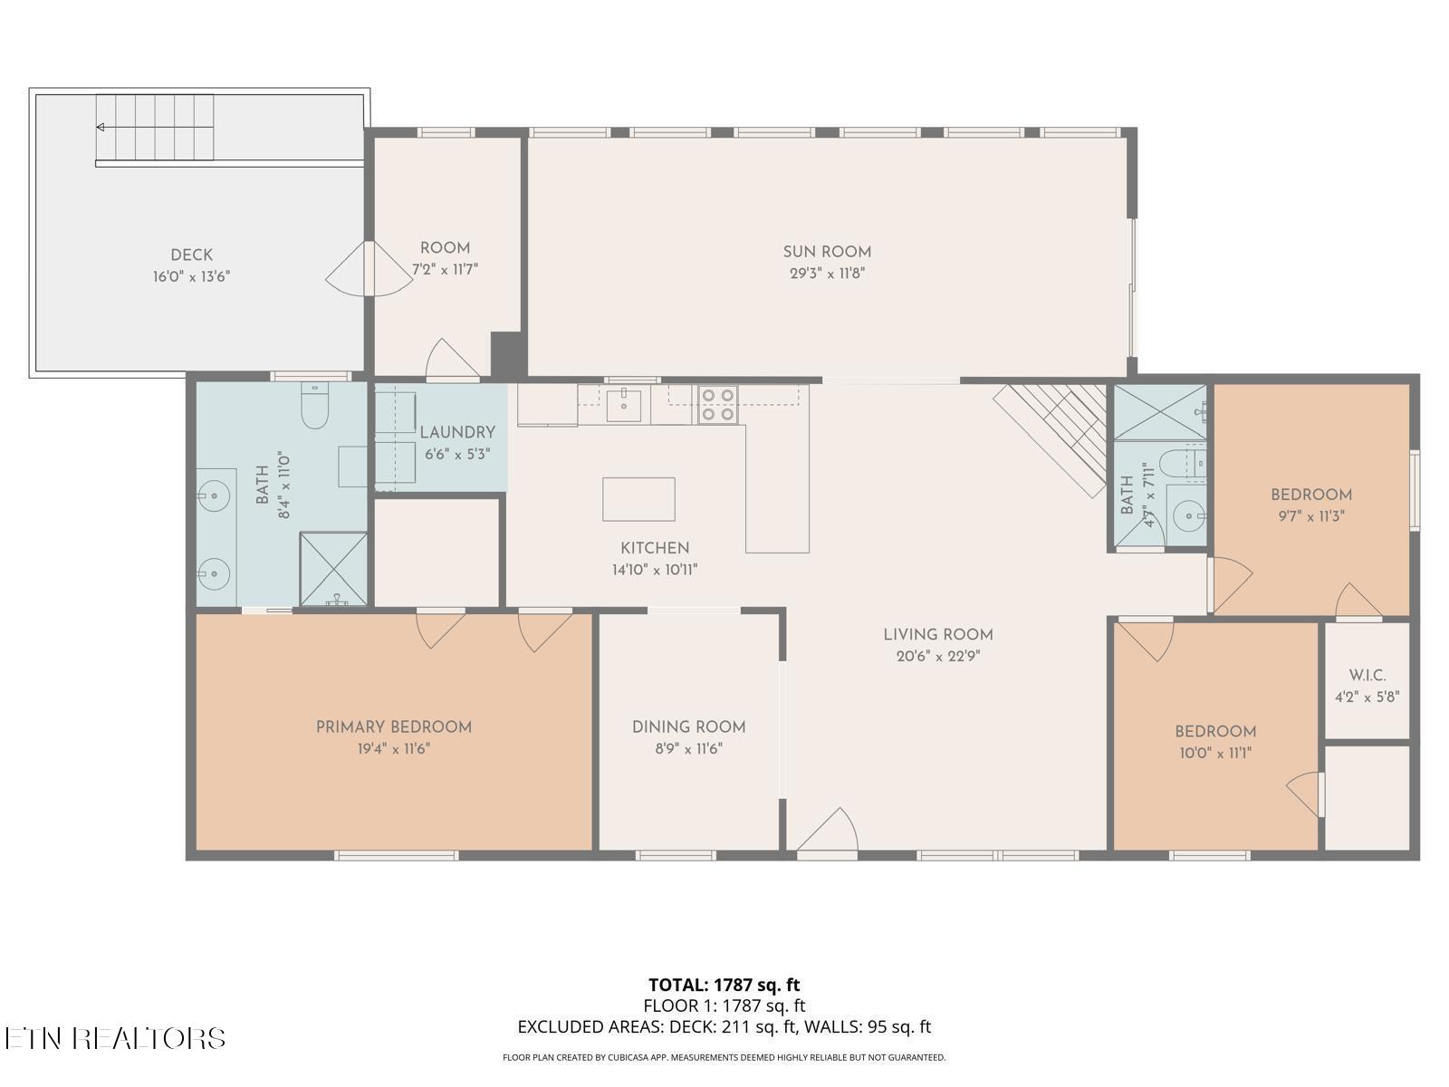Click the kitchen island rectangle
(x=638, y=499)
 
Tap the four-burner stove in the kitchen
(x=717, y=404)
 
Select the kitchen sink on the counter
(x=624, y=404)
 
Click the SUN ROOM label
(x=827, y=252)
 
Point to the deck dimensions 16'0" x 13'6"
(x=191, y=276)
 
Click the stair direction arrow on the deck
(x=101, y=127)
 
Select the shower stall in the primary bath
(x=333, y=569)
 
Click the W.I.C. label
(x=1367, y=676)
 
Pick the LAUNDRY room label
(x=457, y=432)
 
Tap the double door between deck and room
(x=369, y=268)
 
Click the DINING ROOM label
(x=688, y=726)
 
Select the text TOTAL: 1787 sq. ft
(x=724, y=985)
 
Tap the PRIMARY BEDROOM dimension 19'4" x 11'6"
(x=393, y=748)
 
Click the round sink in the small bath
(x=1186, y=517)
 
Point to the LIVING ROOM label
(x=938, y=635)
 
